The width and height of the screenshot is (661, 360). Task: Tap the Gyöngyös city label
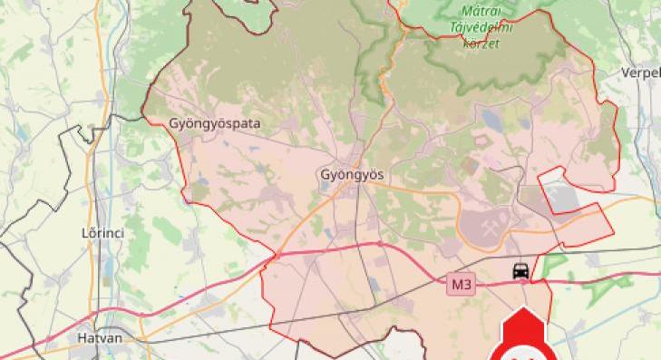coord(352,174)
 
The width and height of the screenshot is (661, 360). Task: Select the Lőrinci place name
coord(102,233)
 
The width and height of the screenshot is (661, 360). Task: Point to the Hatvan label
coord(99,337)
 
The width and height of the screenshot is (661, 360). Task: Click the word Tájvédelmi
coord(481,27)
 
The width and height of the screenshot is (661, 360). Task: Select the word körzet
coord(481,43)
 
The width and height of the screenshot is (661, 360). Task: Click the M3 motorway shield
coord(462,285)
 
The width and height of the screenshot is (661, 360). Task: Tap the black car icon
coord(520,270)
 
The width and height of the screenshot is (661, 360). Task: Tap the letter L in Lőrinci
coord(85,233)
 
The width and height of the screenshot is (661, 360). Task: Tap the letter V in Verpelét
coord(625,73)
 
